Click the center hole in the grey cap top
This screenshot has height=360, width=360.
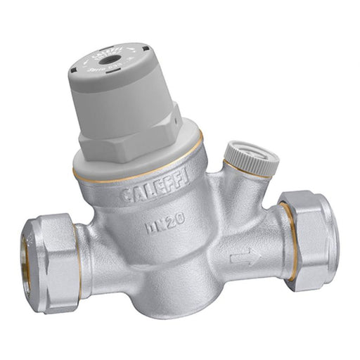point(110,60)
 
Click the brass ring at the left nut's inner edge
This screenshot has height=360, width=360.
point(77,253)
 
